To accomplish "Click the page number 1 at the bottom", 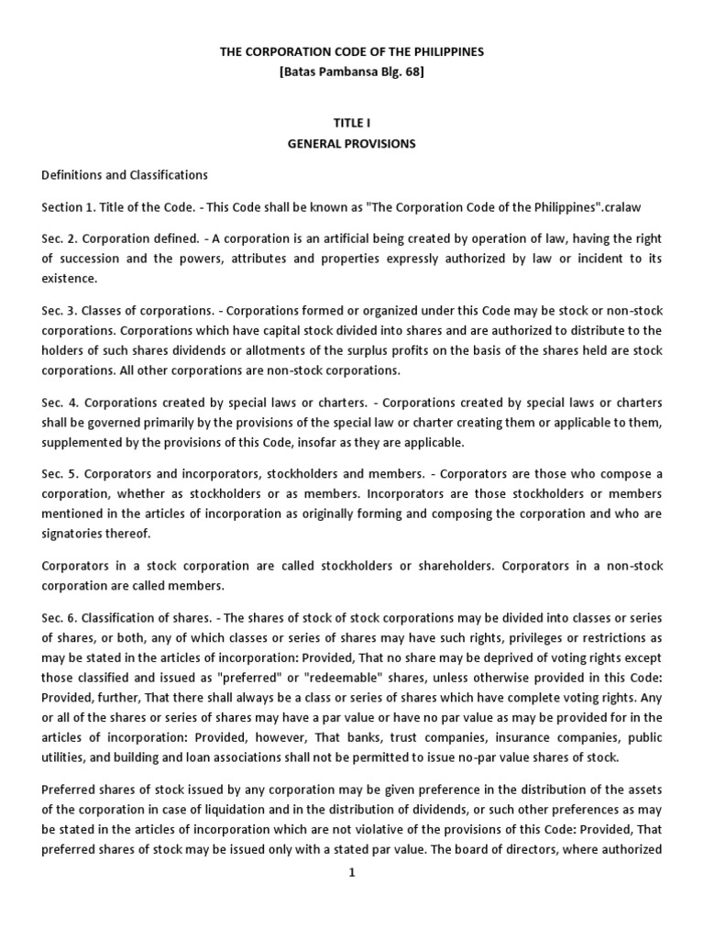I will pos(351,872).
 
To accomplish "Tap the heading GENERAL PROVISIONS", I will pos(352,143).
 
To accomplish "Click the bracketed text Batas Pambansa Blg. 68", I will pos(352,73).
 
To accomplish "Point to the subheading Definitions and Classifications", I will pos(125,174).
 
